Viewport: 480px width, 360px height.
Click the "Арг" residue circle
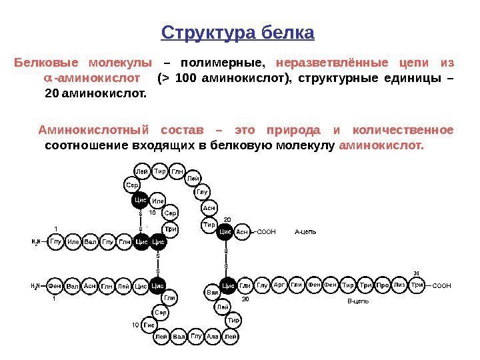(x=280, y=285)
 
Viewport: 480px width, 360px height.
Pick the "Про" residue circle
(x=383, y=285)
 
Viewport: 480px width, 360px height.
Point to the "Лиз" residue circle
(x=400, y=285)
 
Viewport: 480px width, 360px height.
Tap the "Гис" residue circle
(x=149, y=325)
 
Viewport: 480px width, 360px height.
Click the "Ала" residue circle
(x=213, y=337)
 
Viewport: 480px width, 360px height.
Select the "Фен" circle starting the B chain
(x=55, y=286)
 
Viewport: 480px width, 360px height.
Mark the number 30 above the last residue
(x=417, y=273)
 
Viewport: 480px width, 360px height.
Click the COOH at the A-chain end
(x=266, y=232)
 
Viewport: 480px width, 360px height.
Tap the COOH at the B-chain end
(x=442, y=286)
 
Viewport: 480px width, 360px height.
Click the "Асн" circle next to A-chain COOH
(x=243, y=232)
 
